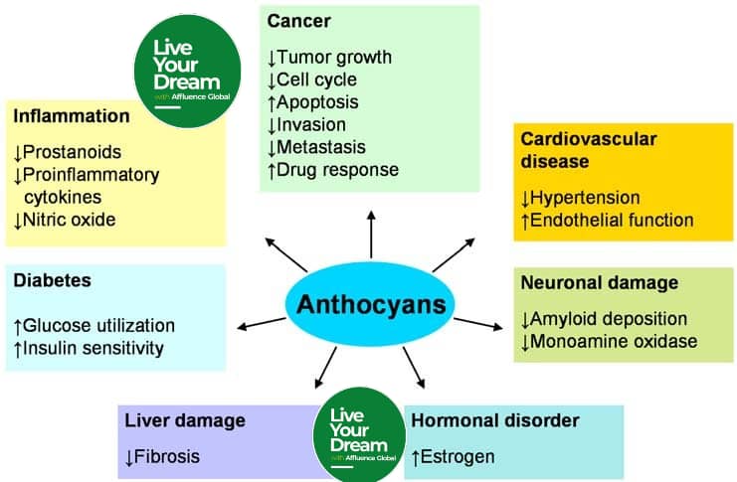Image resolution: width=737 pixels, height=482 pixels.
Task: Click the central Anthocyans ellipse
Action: pyautogui.click(x=371, y=303)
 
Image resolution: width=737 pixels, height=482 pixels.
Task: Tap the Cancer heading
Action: pyautogui.click(x=299, y=21)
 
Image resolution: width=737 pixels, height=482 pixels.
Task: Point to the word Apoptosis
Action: pyautogui.click(x=317, y=101)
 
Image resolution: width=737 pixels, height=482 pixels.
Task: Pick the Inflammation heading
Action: pyautogui.click(x=72, y=116)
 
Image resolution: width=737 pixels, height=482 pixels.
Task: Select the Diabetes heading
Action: pyautogui.click(x=53, y=281)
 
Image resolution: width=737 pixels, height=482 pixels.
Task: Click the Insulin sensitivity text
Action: pyautogui.click(x=94, y=348)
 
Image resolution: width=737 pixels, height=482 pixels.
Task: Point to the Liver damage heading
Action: pyautogui.click(x=182, y=420)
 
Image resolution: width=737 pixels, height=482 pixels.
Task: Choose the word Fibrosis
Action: pyautogui.click(x=168, y=457)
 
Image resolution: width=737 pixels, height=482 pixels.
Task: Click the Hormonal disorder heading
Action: pyautogui.click(x=495, y=420)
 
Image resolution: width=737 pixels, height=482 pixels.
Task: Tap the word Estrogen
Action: pyautogui.click(x=460, y=457)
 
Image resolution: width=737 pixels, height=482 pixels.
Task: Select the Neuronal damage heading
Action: pyautogui.click(x=600, y=282)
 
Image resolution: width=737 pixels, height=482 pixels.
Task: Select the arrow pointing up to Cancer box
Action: pyautogui.click(x=372, y=234)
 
